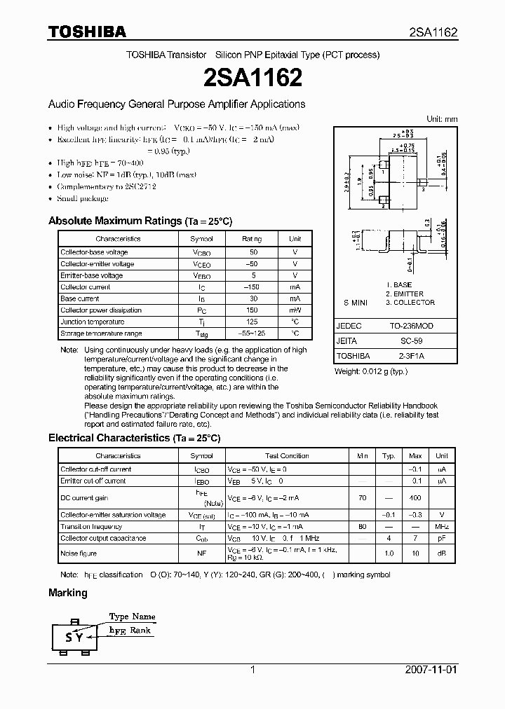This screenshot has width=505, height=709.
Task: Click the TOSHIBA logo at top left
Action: click(87, 32)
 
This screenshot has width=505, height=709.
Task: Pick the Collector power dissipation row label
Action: click(101, 310)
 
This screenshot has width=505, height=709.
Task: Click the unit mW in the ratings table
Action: click(295, 310)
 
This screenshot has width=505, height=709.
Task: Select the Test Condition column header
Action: click(287, 456)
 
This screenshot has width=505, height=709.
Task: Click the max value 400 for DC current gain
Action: click(415, 497)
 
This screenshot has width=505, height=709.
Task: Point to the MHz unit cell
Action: click(442, 527)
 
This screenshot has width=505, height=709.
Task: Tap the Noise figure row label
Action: click(79, 553)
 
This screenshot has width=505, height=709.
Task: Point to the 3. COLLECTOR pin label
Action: click(410, 303)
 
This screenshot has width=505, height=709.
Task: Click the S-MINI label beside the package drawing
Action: click(356, 303)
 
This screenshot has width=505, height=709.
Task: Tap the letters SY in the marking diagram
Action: click(74, 638)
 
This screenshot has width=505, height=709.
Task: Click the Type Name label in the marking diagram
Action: click(132, 617)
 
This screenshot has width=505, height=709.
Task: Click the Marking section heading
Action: click(68, 593)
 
